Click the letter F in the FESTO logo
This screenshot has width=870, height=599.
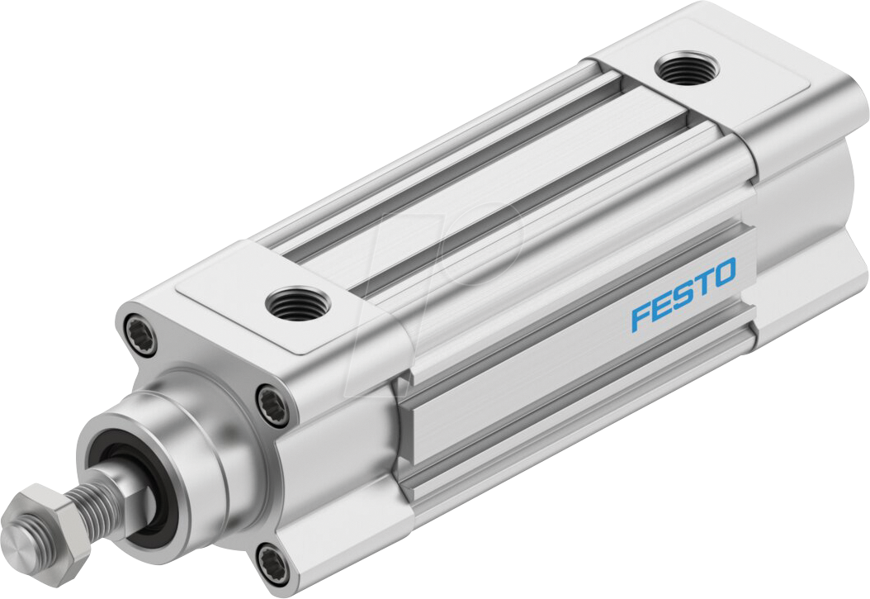[x=641, y=317]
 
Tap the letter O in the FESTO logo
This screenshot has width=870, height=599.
[x=721, y=273]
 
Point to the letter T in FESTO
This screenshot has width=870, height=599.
[x=700, y=284]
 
